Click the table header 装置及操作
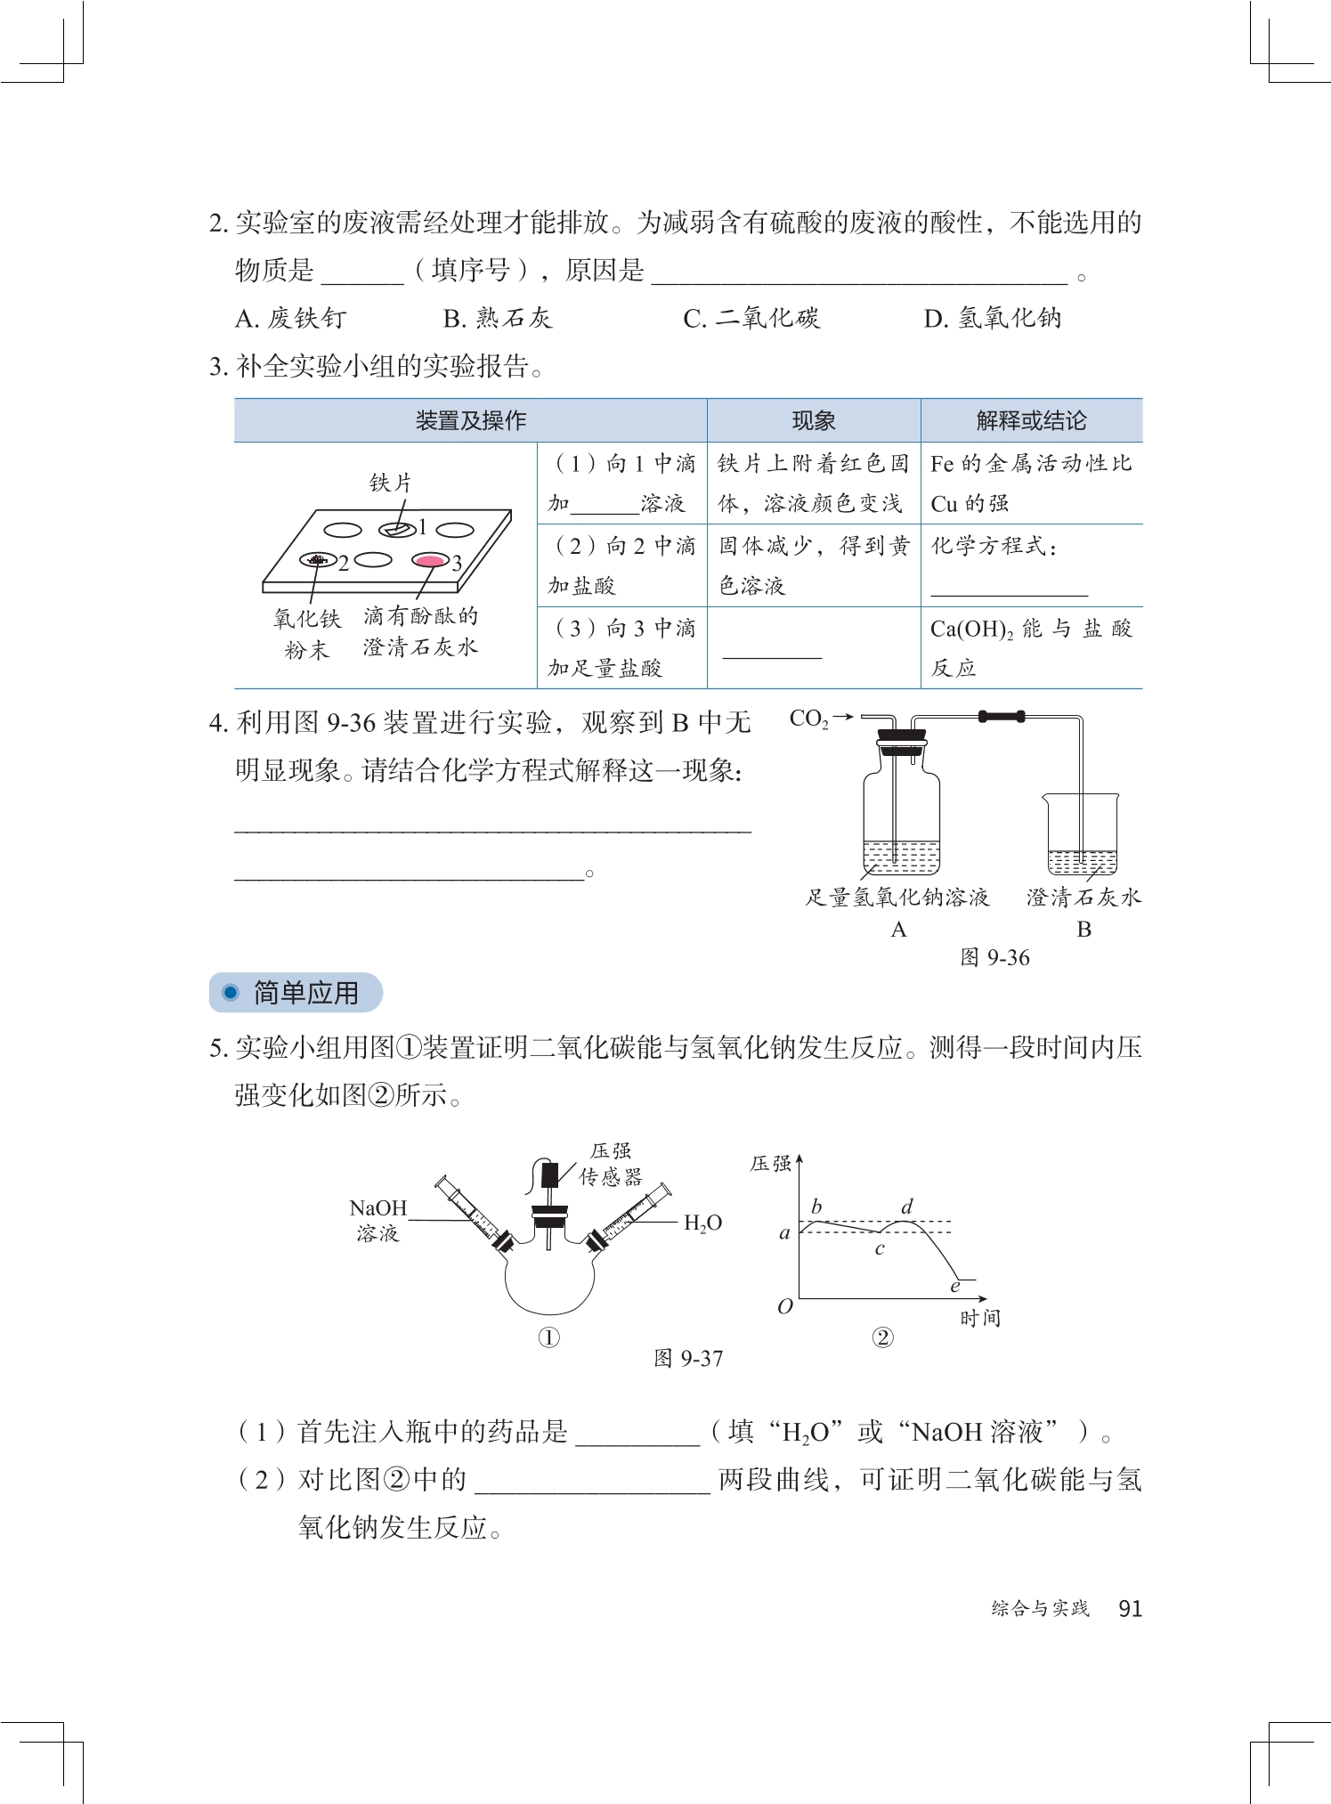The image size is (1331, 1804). (x=470, y=420)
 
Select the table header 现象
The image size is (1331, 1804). (x=813, y=420)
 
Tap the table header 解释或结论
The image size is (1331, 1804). (x=1031, y=420)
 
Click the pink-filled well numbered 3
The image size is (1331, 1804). (x=431, y=560)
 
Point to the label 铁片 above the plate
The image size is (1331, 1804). (x=391, y=483)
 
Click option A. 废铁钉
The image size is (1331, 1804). (x=290, y=318)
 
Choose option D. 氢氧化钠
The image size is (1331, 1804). (x=992, y=318)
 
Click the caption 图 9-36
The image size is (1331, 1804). (x=994, y=957)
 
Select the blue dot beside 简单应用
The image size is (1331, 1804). (x=231, y=992)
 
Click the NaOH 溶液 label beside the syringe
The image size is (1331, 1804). (x=377, y=1220)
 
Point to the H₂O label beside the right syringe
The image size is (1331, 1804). (x=702, y=1223)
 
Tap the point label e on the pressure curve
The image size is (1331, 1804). (x=955, y=1287)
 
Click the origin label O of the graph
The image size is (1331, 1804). (x=784, y=1306)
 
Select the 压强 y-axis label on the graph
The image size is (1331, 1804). (x=770, y=1164)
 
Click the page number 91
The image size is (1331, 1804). (x=1130, y=1608)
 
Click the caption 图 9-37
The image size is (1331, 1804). (x=688, y=1358)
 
